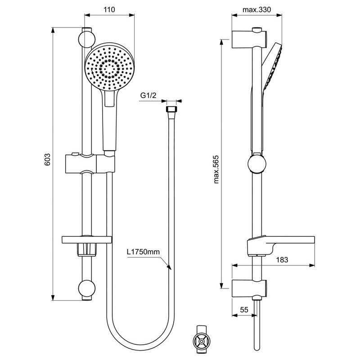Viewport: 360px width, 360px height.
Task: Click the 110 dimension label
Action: [109, 9]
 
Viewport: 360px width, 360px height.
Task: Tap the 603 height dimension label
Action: [47, 159]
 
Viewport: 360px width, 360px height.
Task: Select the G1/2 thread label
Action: [148, 95]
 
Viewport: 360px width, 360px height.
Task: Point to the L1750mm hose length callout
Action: [143, 252]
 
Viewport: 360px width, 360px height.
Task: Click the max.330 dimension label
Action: [256, 9]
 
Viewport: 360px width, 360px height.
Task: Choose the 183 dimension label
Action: [282, 260]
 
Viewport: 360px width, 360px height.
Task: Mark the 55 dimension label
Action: [244, 310]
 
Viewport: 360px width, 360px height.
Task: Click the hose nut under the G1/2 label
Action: [171, 109]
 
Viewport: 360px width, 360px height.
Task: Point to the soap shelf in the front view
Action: [87, 240]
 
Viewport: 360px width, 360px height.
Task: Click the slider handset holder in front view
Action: [90, 164]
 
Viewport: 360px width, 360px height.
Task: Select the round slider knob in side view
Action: [257, 164]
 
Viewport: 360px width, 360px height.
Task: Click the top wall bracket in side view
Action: [249, 39]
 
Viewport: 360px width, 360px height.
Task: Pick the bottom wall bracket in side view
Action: [249, 288]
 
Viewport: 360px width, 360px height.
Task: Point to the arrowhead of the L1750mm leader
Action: [169, 267]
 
